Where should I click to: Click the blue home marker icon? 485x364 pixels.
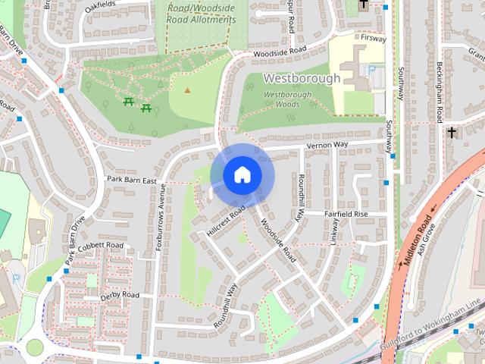pyautogui.click(x=242, y=174)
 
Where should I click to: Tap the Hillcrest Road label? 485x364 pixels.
pyautogui.click(x=225, y=220)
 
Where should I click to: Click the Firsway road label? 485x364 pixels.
pyautogui.click(x=374, y=37)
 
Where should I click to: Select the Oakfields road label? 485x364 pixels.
pyautogui.click(x=102, y=5)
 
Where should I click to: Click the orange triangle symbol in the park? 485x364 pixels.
pyautogui.click(x=187, y=90)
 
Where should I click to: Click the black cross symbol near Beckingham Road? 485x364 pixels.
pyautogui.click(x=452, y=133)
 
